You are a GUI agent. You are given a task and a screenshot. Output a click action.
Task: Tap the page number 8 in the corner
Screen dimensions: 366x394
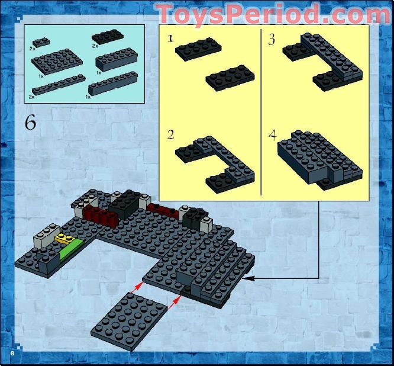click(11, 353)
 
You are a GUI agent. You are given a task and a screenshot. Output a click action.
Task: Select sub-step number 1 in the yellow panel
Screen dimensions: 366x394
click(170, 39)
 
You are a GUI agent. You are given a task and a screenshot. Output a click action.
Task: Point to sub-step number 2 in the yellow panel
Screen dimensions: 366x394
click(170, 135)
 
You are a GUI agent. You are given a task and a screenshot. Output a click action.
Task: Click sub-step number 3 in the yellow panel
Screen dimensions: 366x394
click(272, 40)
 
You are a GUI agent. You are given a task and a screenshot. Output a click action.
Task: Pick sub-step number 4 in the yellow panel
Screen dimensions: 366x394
click(272, 135)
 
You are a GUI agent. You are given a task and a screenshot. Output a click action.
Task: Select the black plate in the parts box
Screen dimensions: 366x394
click(106, 37)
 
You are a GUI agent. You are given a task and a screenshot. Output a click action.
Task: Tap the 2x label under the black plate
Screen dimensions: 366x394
click(95, 46)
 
